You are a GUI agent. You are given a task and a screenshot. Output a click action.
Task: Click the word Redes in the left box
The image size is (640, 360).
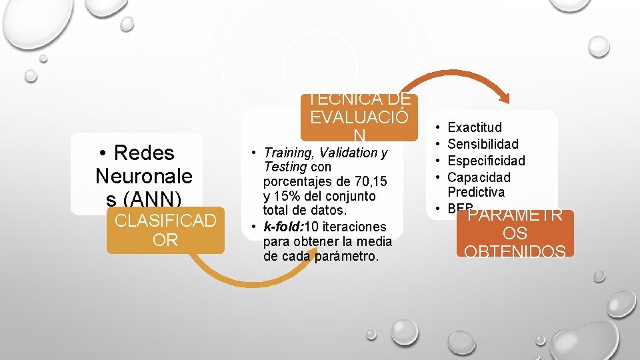pyautogui.click(x=144, y=153)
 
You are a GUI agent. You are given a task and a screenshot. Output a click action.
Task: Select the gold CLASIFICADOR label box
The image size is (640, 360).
pyautogui.click(x=165, y=230)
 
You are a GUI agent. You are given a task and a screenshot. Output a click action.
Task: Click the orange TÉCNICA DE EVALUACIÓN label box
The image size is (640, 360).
pyautogui.click(x=359, y=117)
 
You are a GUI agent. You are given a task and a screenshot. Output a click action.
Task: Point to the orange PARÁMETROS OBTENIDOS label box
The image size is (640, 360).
pyautogui.click(x=515, y=233)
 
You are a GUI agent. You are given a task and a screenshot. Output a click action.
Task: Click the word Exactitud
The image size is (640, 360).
pyautogui.click(x=475, y=127)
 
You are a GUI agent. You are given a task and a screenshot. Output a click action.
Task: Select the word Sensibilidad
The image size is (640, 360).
pyautogui.click(x=483, y=144)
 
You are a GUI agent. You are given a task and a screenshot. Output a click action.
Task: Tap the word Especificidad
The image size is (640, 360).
pyautogui.click(x=486, y=161)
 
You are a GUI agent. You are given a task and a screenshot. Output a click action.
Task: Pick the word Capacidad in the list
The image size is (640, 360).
pyautogui.click(x=479, y=177)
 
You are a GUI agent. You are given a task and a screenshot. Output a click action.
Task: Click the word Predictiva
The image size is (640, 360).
pyautogui.click(x=476, y=192)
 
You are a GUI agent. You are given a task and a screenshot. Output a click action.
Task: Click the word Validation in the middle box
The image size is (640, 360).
pyautogui.click(x=347, y=153)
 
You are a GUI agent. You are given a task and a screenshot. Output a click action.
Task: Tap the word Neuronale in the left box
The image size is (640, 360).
pyautogui.click(x=143, y=176)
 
